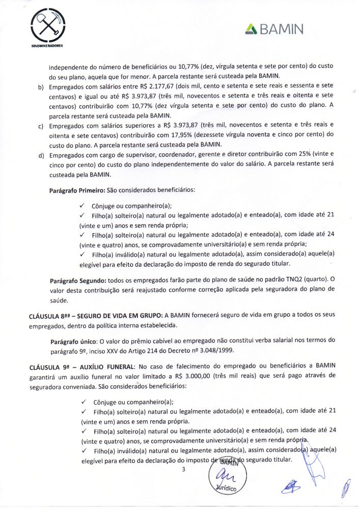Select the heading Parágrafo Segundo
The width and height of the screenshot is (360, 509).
(x=77, y=280)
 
